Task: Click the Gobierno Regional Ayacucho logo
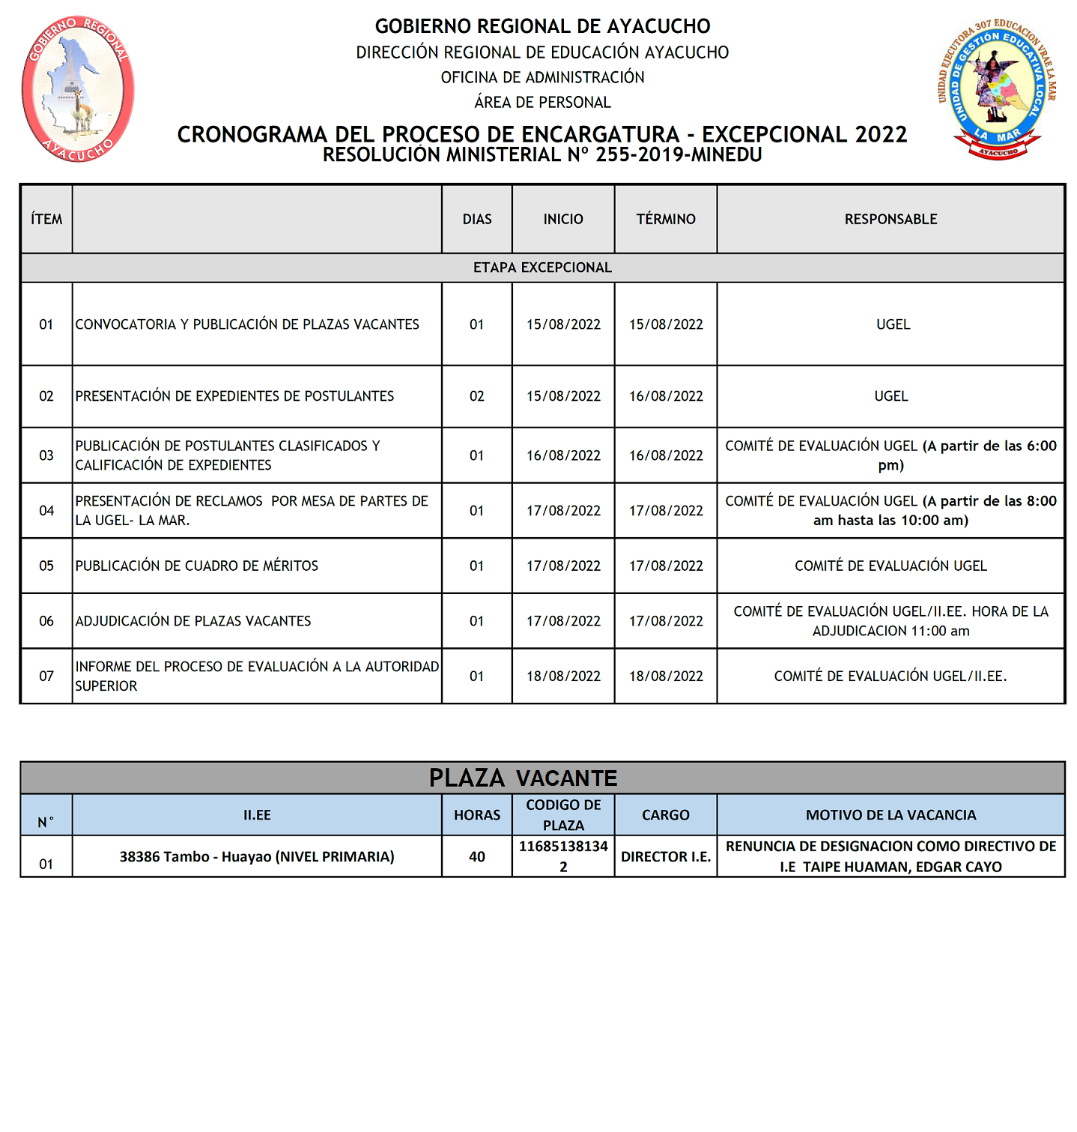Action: (x=78, y=89)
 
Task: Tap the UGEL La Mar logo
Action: (x=998, y=89)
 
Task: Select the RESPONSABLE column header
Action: (x=891, y=220)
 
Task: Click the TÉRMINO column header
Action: (x=666, y=220)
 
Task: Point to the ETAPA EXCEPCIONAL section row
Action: (x=542, y=267)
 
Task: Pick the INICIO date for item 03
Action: (x=563, y=455)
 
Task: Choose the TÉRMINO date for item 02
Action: (x=666, y=396)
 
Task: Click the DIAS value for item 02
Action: (x=477, y=396)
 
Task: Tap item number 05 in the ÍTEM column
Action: (x=46, y=566)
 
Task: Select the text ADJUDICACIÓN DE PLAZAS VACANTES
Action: (x=193, y=621)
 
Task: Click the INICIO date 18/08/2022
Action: (x=563, y=677)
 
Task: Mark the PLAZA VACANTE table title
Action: (x=523, y=778)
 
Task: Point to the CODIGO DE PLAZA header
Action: (x=563, y=815)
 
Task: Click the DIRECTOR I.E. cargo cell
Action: (x=666, y=856)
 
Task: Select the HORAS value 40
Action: (x=477, y=856)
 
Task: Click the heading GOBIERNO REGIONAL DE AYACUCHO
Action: (x=542, y=26)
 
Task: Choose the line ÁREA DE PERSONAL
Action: (x=542, y=102)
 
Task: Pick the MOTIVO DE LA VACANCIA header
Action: (x=891, y=815)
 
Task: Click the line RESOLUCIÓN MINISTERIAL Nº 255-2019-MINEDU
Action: (x=542, y=155)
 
